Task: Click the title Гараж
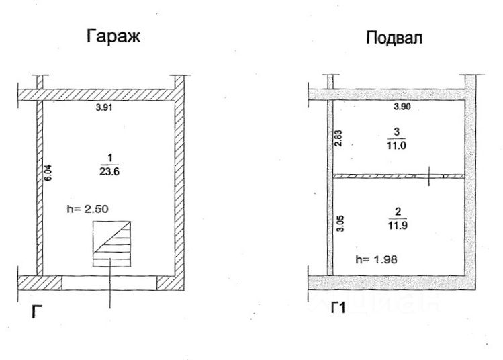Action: click(x=113, y=36)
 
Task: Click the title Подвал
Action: click(x=394, y=38)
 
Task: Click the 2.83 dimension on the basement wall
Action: click(x=339, y=138)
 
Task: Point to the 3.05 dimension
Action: click(x=339, y=222)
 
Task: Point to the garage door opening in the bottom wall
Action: click(x=109, y=283)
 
